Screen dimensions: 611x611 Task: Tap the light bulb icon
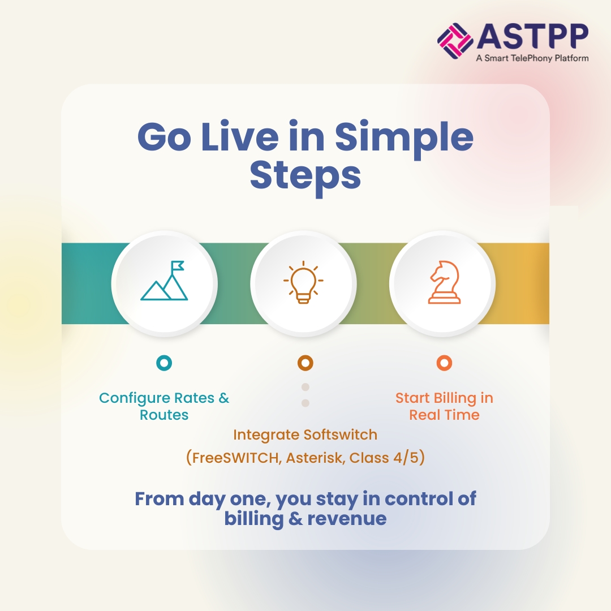(x=303, y=282)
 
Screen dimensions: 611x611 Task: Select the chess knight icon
(x=444, y=283)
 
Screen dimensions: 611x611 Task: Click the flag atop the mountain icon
(x=178, y=265)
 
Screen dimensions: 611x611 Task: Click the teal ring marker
(x=164, y=363)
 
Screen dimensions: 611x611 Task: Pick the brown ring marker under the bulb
(x=305, y=363)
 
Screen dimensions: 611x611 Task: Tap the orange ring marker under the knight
(x=444, y=363)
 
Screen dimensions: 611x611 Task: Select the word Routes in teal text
(x=164, y=415)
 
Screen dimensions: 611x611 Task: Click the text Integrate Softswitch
(x=305, y=435)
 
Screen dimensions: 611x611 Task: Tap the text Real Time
(x=444, y=415)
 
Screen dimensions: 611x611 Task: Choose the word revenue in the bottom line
(x=347, y=519)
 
